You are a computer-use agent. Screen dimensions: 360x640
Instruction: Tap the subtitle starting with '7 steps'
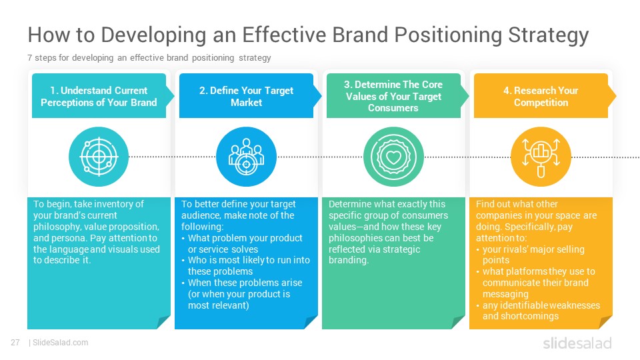pos(149,58)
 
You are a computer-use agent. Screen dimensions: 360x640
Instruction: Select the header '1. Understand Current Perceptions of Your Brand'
pos(99,97)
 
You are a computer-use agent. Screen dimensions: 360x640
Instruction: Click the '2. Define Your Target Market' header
pos(246,97)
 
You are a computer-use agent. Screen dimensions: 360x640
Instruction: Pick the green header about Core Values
pos(393,96)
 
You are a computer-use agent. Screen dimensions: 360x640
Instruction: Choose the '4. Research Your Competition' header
pos(541,97)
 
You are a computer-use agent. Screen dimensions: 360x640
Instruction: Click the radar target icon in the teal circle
pos(99,157)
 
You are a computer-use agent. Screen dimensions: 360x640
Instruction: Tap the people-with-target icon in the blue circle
pos(246,157)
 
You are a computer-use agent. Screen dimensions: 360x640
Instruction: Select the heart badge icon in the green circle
pos(393,157)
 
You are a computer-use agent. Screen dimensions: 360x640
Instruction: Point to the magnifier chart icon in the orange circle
pos(541,157)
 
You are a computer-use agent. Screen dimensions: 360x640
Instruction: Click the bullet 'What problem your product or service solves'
pos(245,243)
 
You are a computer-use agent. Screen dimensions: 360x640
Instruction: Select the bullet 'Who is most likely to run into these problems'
pos(245,266)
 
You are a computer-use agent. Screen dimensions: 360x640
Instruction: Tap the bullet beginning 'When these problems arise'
pos(245,294)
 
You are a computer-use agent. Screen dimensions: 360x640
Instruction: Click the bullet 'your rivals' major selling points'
pos(533,255)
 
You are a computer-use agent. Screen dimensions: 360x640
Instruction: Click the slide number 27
pos(15,343)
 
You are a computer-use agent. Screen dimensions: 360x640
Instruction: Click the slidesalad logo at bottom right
pos(577,343)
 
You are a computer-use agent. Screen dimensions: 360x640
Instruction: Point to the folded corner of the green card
pos(457,323)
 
